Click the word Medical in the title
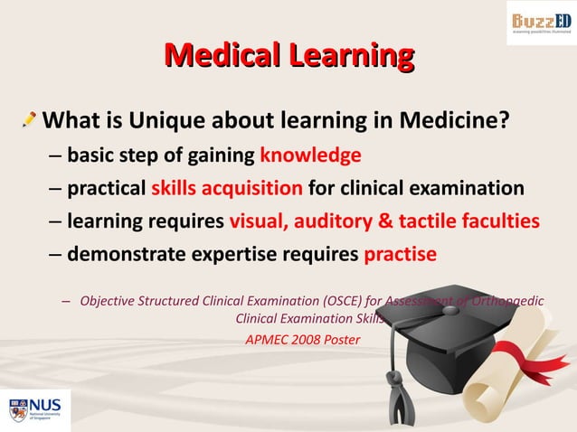point(220,56)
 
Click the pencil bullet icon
point(30,118)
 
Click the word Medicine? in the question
point(451,120)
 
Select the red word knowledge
point(310,155)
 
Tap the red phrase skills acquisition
point(226,189)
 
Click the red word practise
point(400,255)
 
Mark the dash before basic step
point(55,155)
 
